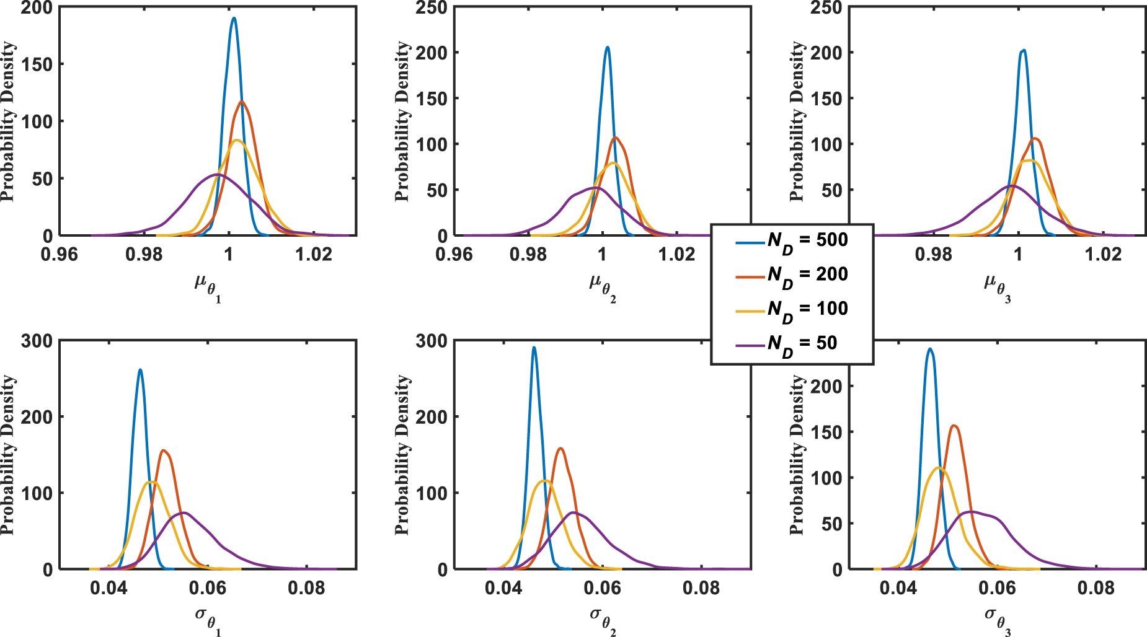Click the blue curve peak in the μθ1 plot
coord(234,18)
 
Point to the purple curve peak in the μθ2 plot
coord(595,187)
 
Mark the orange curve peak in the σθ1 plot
coord(163,450)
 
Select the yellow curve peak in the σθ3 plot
coord(940,468)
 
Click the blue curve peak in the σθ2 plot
coord(534,348)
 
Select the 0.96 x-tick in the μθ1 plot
coord(60,255)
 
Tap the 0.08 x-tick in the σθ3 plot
coord(1096,588)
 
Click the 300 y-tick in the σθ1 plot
coord(37,341)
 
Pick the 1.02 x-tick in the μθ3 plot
coord(1103,255)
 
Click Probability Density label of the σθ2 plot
coord(403,454)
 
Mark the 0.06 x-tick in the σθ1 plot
coord(208,588)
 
